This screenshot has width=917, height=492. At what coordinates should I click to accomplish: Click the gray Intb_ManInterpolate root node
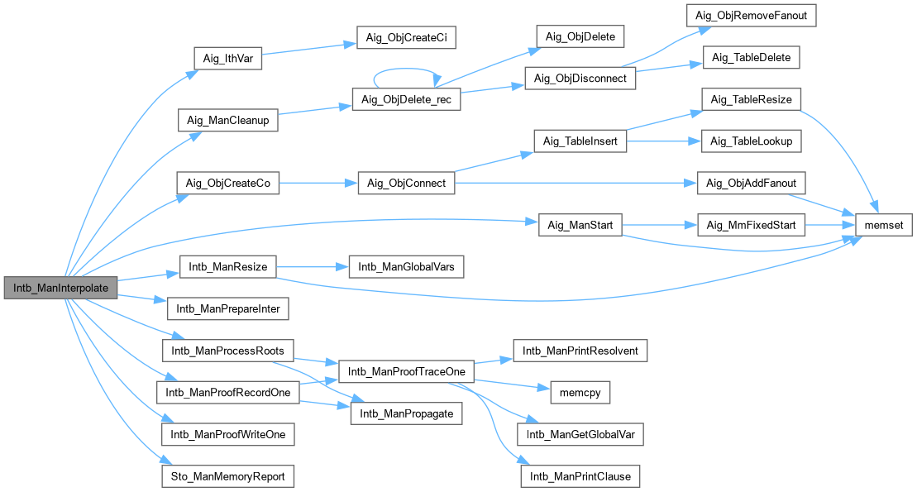[60, 287]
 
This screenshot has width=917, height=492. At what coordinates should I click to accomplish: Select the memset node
[884, 225]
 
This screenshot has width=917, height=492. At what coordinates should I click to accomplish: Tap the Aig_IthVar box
[227, 60]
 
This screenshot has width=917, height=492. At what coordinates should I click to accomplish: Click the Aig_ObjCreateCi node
[406, 38]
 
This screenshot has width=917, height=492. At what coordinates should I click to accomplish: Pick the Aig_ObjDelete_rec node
[406, 99]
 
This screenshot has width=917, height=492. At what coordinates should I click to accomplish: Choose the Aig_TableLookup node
[751, 141]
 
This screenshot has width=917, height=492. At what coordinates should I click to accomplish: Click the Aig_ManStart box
[580, 225]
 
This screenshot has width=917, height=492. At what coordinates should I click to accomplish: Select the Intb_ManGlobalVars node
[407, 267]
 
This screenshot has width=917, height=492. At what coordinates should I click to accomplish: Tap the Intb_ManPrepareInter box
[227, 309]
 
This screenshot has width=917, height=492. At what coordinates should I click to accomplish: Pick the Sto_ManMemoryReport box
[227, 476]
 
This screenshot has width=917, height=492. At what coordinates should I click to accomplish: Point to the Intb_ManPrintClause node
[580, 476]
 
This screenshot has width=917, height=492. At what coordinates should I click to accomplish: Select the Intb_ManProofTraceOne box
[407, 371]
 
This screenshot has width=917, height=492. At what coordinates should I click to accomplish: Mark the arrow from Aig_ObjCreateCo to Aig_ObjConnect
[318, 183]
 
